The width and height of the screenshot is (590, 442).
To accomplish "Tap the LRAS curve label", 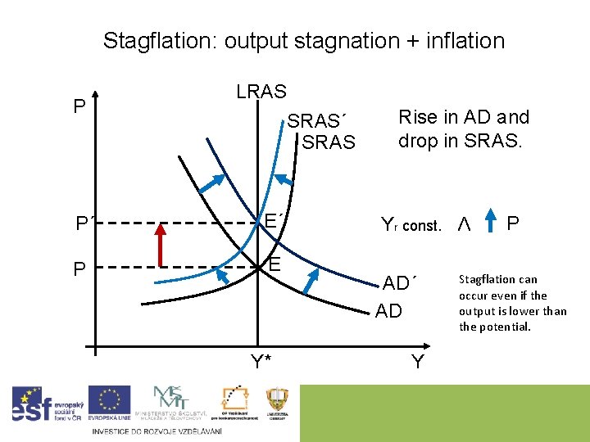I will tap(261, 92).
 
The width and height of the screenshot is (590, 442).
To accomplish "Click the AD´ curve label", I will tap(400, 284).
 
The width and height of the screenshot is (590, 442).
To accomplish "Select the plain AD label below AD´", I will tap(388, 311).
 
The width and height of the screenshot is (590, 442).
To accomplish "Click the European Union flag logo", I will tap(109, 404).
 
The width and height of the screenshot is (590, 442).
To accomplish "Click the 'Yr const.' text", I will tap(411, 224).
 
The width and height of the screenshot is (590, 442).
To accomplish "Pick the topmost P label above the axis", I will tap(79, 107).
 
